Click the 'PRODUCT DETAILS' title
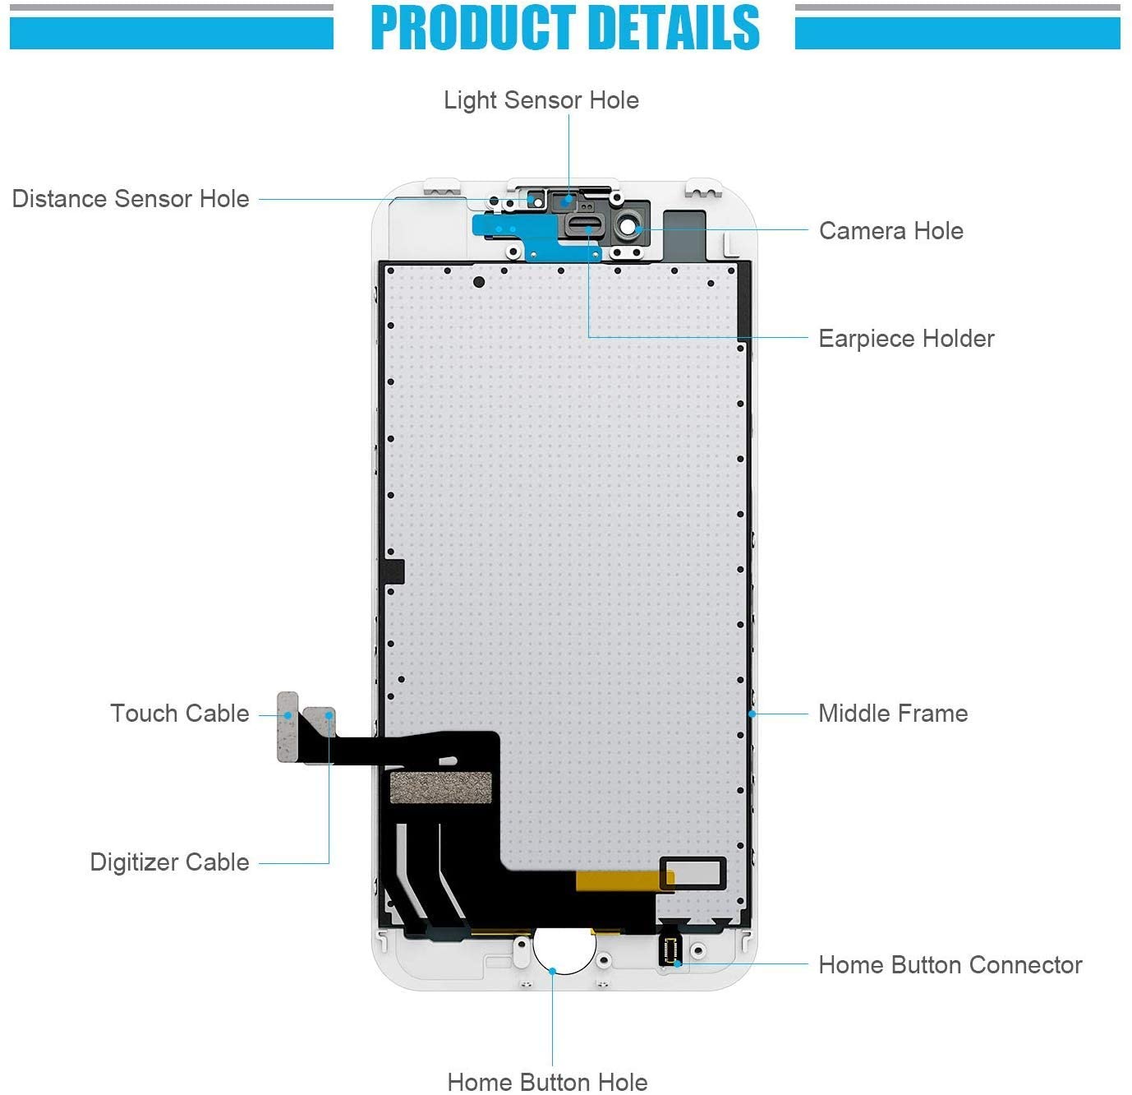(x=565, y=28)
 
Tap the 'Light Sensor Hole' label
(x=541, y=100)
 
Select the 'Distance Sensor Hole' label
(x=131, y=199)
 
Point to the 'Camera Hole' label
(x=890, y=231)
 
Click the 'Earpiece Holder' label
(x=906, y=339)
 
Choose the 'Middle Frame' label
(x=893, y=714)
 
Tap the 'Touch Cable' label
(x=180, y=714)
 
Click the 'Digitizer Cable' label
(x=169, y=862)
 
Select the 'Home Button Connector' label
(x=950, y=965)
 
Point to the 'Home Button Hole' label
(x=547, y=1082)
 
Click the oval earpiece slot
(x=581, y=226)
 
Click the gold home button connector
(x=670, y=950)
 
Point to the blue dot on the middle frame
(x=752, y=714)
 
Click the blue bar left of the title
(x=172, y=34)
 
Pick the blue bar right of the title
(x=957, y=34)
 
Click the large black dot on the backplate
(x=479, y=282)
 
